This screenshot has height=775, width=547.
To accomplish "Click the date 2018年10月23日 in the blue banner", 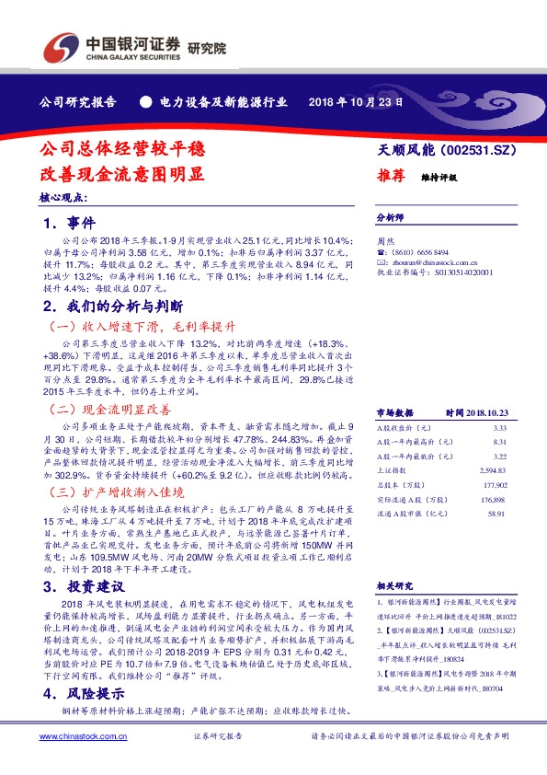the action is pyautogui.click(x=355, y=101).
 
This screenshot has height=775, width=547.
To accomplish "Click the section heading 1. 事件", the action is pyautogui.click(x=70, y=224).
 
